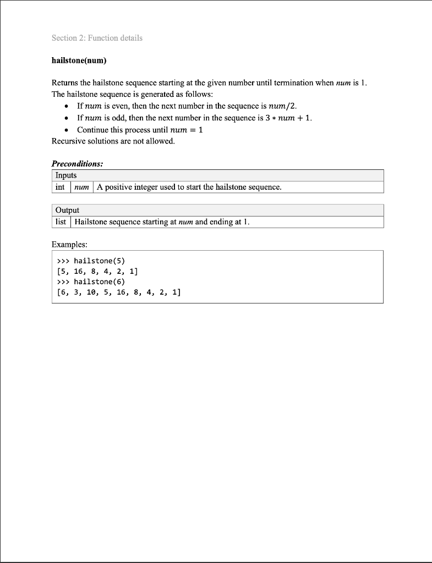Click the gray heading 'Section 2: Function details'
click(97, 38)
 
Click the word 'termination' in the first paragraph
click(307, 83)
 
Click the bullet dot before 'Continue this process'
click(67, 130)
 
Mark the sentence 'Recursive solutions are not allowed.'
click(113, 141)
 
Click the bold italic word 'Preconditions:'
click(77, 164)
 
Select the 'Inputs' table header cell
click(66, 175)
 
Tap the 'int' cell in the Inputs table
click(61, 187)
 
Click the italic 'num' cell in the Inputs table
click(81, 187)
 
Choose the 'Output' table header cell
click(67, 210)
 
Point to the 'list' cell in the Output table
click(61, 222)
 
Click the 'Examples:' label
click(69, 244)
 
